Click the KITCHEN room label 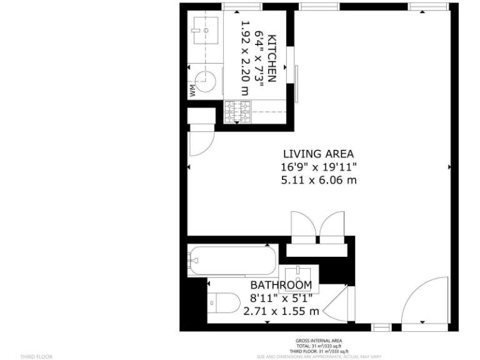coord(272,59)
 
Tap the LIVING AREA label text coord(318,153)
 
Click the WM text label coord(193,91)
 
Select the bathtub coord(232,259)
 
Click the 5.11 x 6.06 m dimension coord(318,181)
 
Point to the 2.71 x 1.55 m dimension coord(281,311)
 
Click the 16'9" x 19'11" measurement coord(318,167)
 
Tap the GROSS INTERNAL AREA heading coord(319,341)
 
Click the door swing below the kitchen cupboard coord(200,140)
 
